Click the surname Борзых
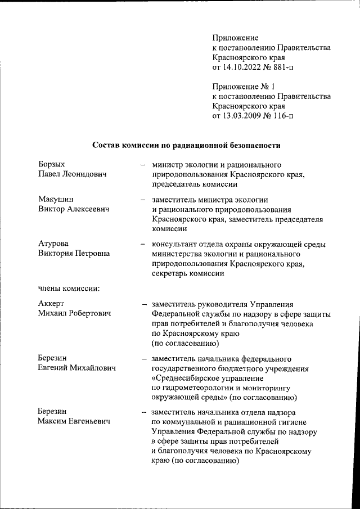52,165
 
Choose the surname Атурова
53,244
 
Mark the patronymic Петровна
90,254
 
